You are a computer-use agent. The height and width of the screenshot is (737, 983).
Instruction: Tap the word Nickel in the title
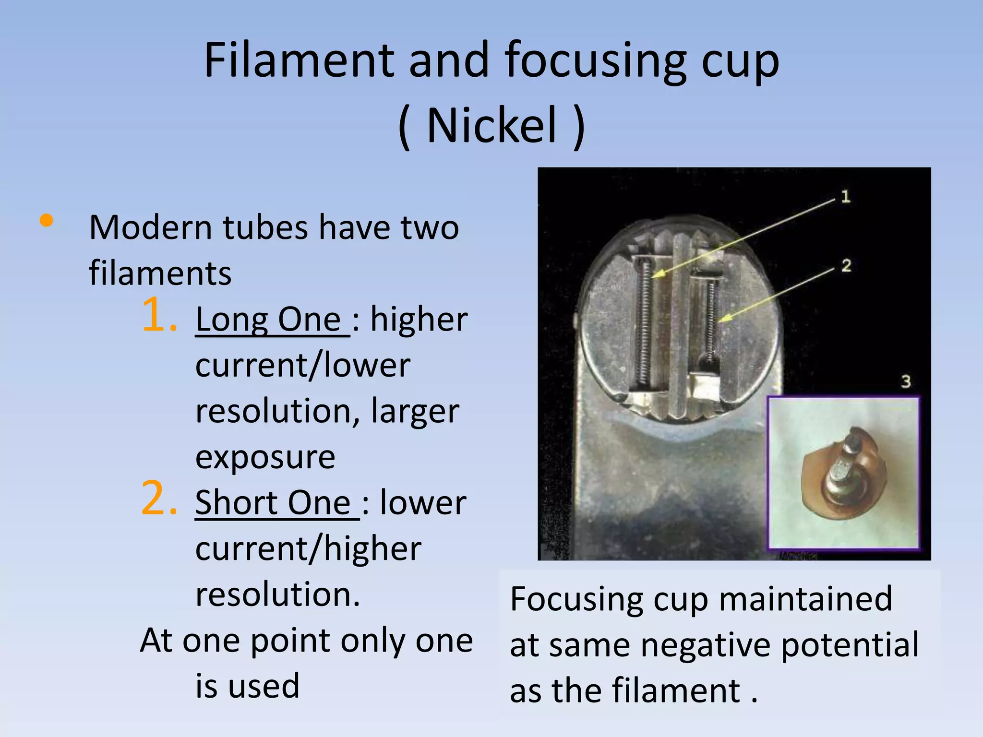491,126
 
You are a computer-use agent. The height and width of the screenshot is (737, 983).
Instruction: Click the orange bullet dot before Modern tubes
47,221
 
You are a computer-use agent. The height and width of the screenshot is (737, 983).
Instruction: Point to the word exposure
265,457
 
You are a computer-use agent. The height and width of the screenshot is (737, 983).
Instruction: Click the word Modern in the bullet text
150,227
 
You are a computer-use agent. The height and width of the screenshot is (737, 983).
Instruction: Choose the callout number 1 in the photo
846,196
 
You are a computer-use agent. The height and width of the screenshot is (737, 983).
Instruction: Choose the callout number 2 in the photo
846,265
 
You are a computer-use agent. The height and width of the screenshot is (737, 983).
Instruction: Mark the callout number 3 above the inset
905,382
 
